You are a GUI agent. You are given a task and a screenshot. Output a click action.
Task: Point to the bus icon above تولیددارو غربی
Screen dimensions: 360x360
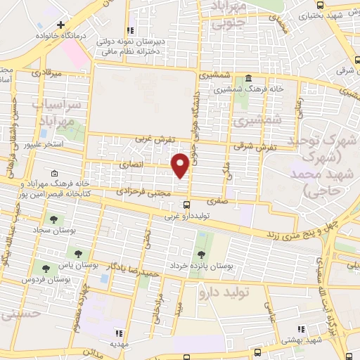tap(186, 205)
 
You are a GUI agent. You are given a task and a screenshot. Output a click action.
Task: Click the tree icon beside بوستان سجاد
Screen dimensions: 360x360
tap(51, 219)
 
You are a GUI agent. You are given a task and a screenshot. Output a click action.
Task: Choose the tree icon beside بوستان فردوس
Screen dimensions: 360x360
tap(46, 268)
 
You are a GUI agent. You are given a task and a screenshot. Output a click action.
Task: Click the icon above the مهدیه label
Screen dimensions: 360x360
tap(118, 333)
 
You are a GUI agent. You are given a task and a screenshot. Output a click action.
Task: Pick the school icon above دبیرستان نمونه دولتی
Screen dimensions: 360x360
tap(129, 30)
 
